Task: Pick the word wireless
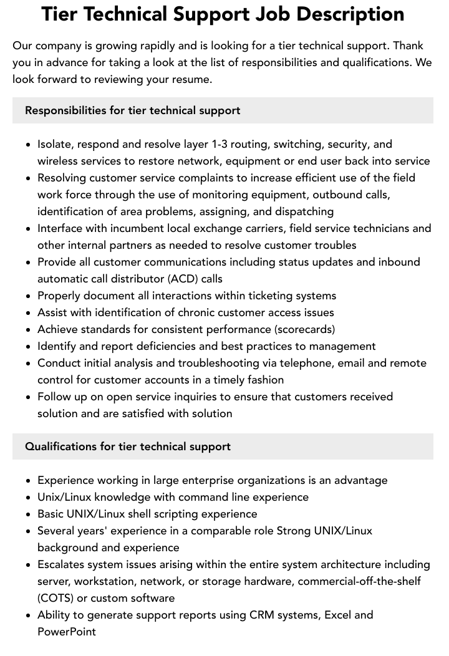click(58, 161)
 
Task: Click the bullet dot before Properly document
click(28, 296)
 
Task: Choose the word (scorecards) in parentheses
click(304, 329)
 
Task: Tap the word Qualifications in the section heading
click(60, 446)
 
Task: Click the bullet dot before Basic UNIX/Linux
click(28, 514)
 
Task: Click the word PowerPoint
click(67, 632)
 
